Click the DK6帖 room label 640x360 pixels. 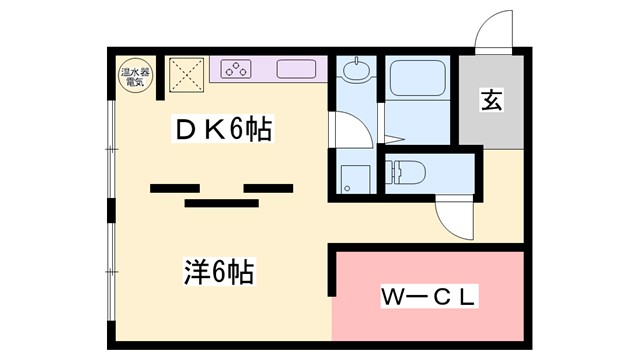pyautogui.click(x=224, y=130)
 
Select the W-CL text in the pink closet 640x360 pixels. pyautogui.click(x=428, y=297)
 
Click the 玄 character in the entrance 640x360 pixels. pyautogui.click(x=490, y=100)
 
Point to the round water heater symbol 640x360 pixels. pyautogui.click(x=133, y=76)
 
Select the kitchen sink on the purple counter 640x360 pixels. pyautogui.click(x=295, y=71)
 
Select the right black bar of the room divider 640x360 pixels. pyautogui.click(x=268, y=187)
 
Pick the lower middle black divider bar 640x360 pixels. pyautogui.click(x=221, y=202)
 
